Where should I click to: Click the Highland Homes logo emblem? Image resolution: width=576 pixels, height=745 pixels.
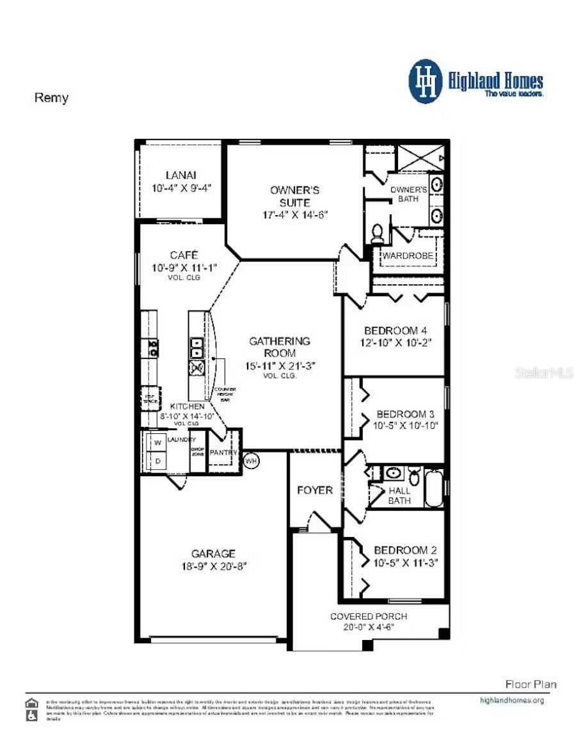[425, 82]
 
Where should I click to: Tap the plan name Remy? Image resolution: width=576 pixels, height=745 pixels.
[51, 99]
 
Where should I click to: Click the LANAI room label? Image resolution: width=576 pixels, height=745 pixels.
[180, 175]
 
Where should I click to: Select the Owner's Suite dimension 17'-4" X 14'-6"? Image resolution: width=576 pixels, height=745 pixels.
[295, 214]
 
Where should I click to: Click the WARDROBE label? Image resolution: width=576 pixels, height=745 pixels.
[408, 256]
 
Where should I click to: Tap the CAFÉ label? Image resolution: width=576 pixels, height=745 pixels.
[184, 254]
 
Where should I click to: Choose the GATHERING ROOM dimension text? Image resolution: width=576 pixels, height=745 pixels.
[280, 365]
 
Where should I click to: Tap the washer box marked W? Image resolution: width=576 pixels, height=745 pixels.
[156, 442]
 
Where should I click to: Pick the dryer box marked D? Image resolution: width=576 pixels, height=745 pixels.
[156, 461]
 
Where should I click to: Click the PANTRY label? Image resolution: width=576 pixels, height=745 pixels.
[223, 453]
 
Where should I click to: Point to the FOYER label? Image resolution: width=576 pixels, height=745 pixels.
[315, 490]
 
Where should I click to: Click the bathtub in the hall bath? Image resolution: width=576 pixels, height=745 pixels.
[435, 488]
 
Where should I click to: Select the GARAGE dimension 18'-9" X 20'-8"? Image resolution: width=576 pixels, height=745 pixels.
[213, 566]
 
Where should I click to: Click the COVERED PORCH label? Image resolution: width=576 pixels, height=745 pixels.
[368, 616]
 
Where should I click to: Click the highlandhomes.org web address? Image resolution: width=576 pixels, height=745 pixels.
[511, 700]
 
